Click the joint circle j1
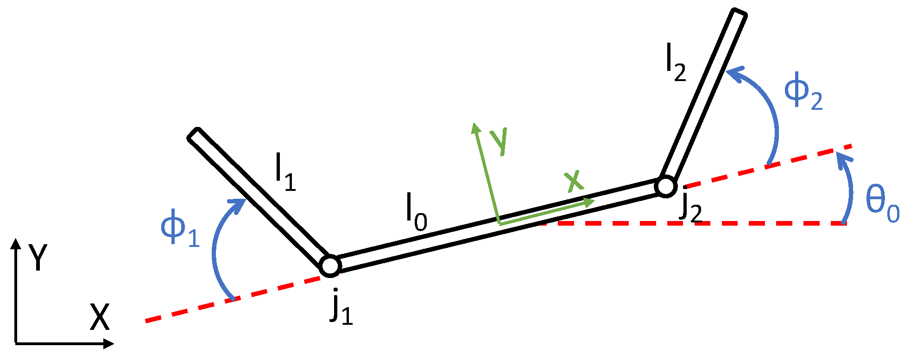[330, 265]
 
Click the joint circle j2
[666, 186]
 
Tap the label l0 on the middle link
[416, 213]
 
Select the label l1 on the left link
[284, 173]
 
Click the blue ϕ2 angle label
[803, 92]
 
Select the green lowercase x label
[574, 181]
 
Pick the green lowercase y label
[499, 140]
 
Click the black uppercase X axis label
[99, 317]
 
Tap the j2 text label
[690, 208]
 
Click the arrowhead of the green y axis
[474, 127]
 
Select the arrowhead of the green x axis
[589, 202]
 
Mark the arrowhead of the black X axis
[109, 343]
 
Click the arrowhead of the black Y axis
[16, 244]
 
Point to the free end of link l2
[738, 13]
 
